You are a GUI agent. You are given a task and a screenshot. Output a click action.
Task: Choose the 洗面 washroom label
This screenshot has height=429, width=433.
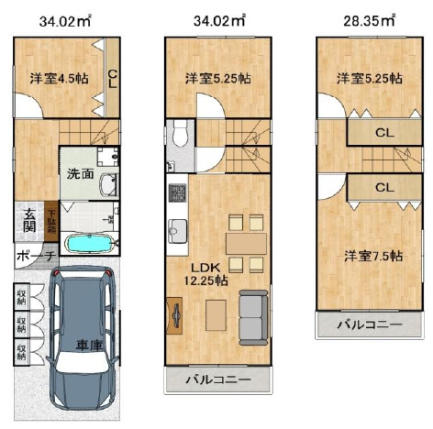coord(77,173)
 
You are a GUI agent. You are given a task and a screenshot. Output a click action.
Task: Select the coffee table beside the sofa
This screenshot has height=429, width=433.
coord(215,314)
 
